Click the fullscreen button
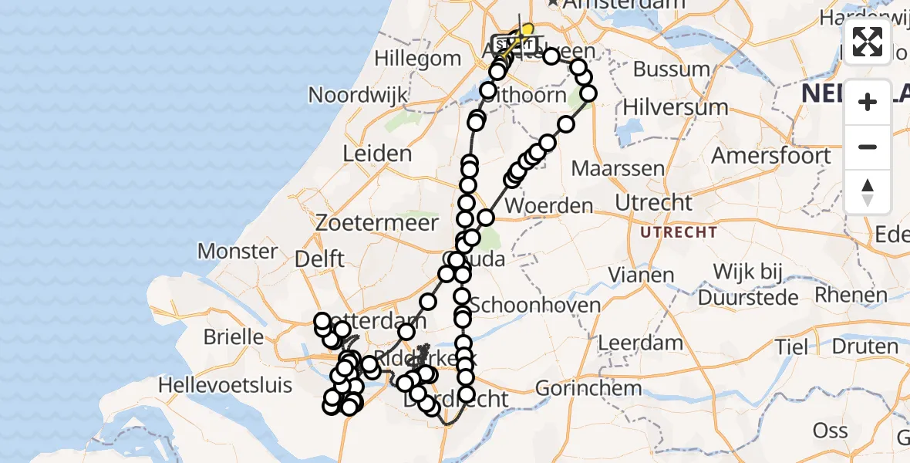(868, 41)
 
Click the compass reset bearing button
(868, 191)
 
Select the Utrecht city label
(654, 203)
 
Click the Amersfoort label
(771, 155)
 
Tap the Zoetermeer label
(376, 223)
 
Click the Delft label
(320, 259)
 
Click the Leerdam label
(630, 343)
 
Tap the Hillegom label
(418, 58)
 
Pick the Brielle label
(233, 337)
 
